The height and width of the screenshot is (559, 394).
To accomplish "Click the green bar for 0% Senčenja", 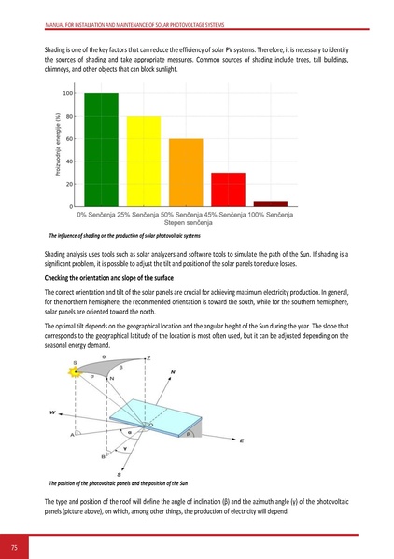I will click(x=101, y=149).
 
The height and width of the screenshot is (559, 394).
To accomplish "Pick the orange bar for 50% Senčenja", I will click(x=186, y=172).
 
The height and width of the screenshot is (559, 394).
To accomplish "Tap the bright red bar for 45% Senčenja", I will click(x=229, y=189).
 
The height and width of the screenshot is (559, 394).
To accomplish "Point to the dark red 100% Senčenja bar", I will click(x=271, y=203).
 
